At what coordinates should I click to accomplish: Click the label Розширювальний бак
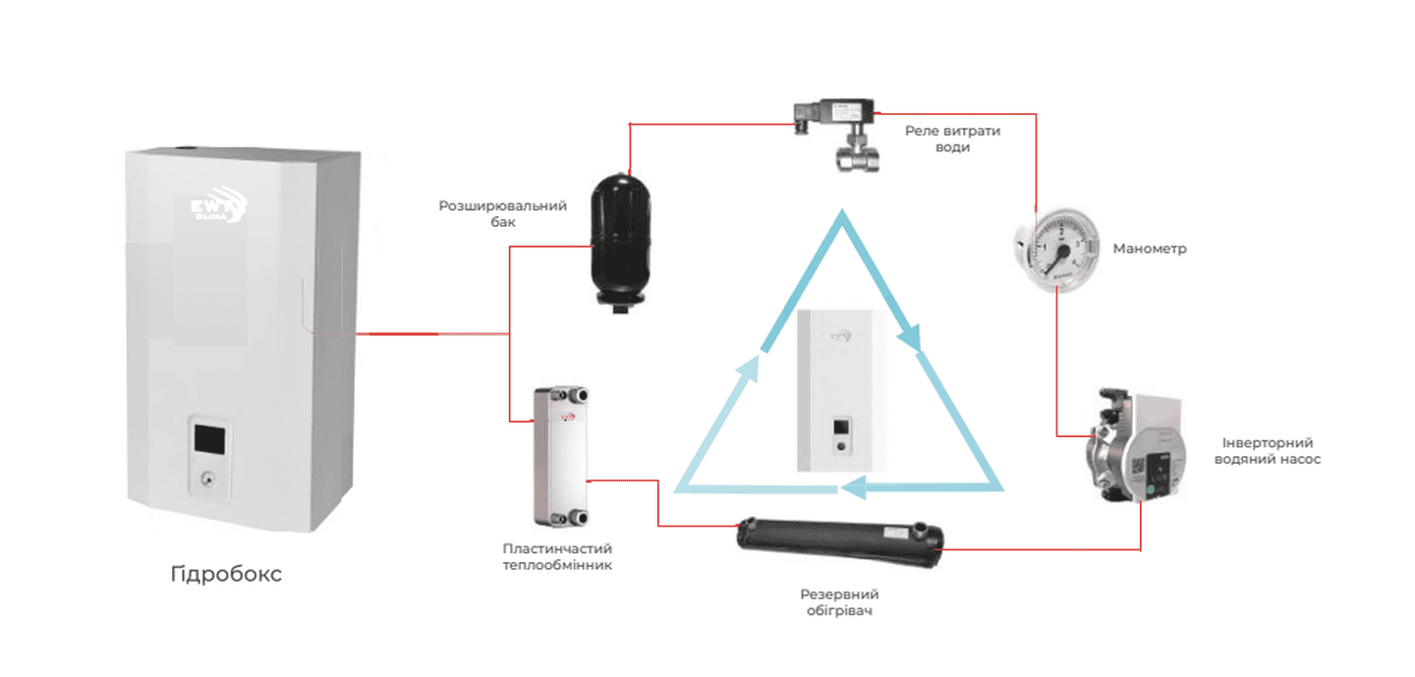pos(503,214)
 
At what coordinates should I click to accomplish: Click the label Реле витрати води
pos(953,139)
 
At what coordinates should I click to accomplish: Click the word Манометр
pos(1150,249)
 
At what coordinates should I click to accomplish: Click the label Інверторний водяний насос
pos(1268,451)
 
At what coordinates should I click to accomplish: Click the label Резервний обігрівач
pos(839,603)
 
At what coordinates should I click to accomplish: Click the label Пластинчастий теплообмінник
pos(557,557)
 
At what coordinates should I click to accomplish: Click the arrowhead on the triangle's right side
pos(913,338)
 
